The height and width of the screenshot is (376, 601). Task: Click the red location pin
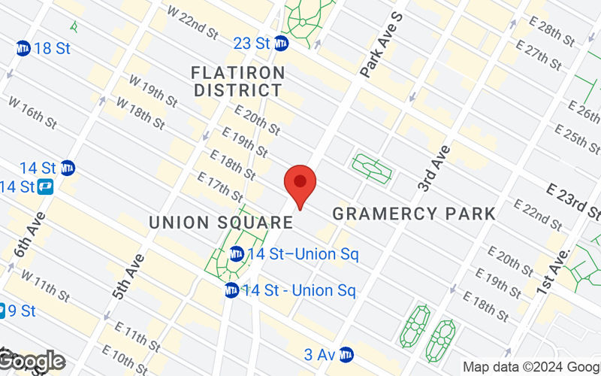(x=300, y=185)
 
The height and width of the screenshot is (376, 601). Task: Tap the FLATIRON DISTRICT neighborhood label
(x=237, y=81)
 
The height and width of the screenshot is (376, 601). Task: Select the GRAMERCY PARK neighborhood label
(x=414, y=214)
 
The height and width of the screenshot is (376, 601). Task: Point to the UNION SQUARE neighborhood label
(x=220, y=223)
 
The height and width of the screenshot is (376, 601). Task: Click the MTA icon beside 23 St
(x=282, y=44)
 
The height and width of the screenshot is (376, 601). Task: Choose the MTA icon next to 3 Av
(x=346, y=353)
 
